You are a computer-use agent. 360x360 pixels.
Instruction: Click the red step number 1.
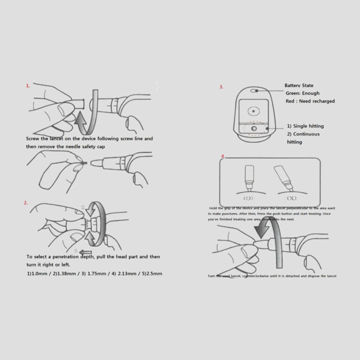point(28,86)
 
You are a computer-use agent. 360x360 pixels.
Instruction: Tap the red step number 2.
point(26,202)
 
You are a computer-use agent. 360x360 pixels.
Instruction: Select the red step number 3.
point(221,87)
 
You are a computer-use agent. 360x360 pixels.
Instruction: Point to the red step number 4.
point(223,156)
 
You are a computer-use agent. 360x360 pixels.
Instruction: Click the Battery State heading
point(299,85)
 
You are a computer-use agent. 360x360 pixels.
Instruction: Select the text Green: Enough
point(302,93)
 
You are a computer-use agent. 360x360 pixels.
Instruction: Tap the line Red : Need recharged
point(310,101)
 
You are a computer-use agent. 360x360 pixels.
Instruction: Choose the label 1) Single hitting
point(305,126)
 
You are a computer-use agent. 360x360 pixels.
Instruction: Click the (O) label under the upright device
point(248,198)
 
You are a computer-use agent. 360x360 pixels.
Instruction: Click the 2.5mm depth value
point(153,273)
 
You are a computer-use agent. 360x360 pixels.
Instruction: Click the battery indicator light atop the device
point(254,90)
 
